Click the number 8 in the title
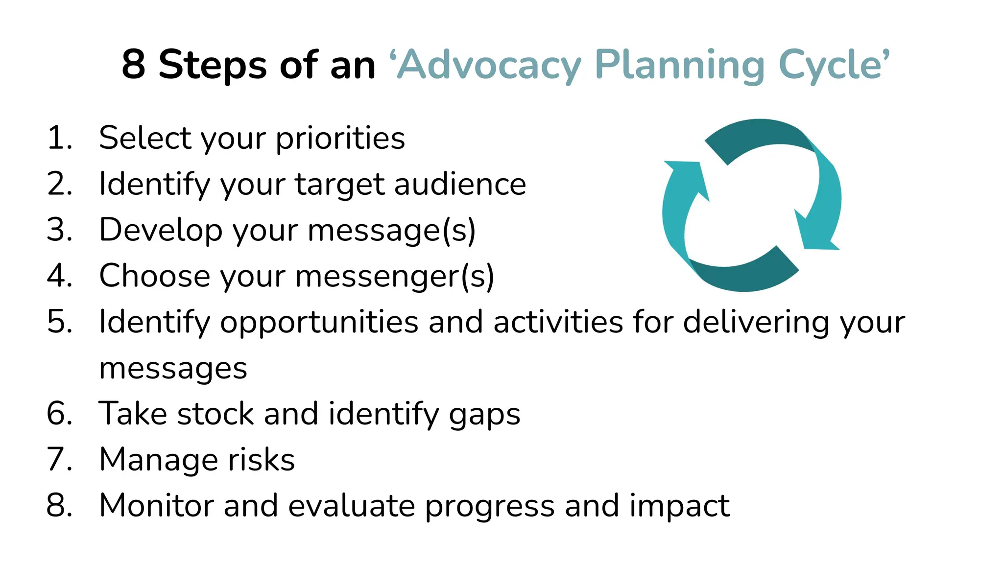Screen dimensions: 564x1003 click(x=133, y=65)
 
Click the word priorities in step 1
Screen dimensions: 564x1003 click(x=340, y=139)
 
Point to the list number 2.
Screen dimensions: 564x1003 click(x=59, y=184)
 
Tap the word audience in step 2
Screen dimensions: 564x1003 click(x=460, y=184)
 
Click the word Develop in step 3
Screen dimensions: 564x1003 click(x=160, y=230)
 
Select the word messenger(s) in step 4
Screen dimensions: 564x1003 click(x=394, y=276)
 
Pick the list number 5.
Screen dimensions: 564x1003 click(x=59, y=322)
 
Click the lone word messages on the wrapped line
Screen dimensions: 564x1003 click(x=173, y=368)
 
